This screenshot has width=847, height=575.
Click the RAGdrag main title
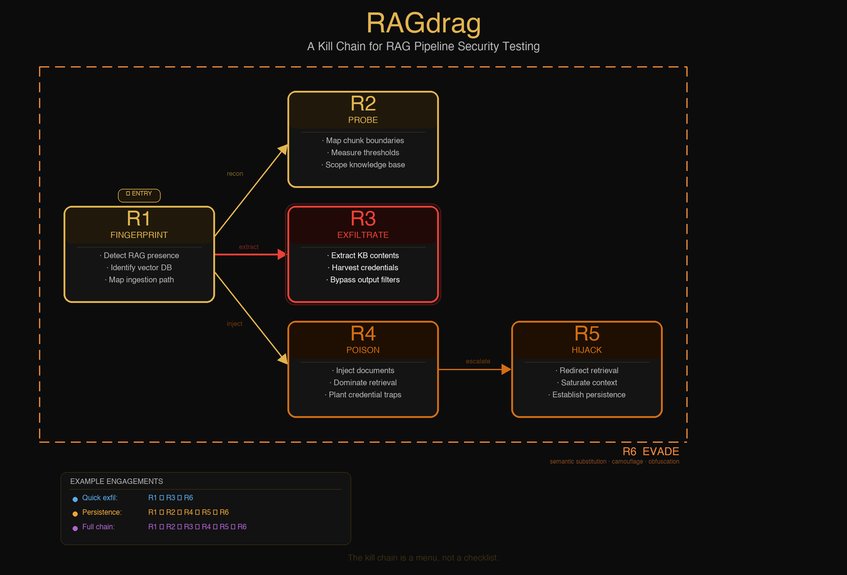[423, 24]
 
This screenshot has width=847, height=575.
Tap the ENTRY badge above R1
[139, 194]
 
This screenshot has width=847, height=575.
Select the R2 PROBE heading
[363, 110]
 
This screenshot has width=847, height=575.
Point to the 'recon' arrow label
[235, 174]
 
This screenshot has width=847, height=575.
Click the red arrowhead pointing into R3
[282, 255]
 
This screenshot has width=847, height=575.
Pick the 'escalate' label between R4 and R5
[478, 361]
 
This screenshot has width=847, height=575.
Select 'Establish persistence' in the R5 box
[589, 395]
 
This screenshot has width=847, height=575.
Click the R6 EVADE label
[650, 452]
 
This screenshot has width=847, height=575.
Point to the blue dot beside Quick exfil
[75, 499]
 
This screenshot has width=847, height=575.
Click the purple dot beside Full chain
[75, 528]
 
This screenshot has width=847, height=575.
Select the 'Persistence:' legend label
[102, 512]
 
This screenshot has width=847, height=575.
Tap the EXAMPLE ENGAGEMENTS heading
[117, 481]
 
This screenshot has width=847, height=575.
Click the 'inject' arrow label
[234, 324]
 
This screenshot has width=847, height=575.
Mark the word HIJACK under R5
[587, 350]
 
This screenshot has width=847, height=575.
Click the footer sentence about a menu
[423, 557]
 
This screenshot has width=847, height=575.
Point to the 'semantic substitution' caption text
[578, 462]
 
